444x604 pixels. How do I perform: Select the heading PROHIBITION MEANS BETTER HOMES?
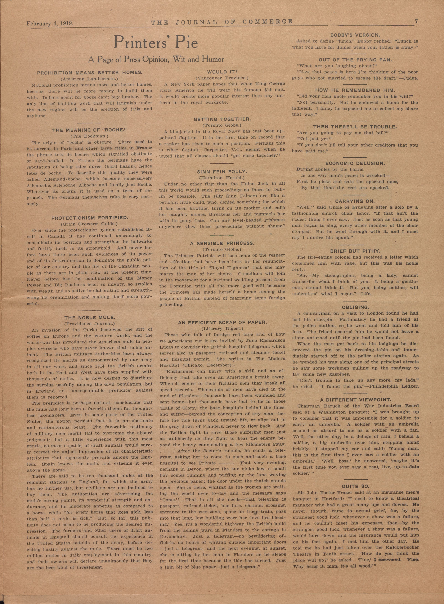[89, 73]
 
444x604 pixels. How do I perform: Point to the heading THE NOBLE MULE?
[89, 318]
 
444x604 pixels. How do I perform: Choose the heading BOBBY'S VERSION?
[355, 35]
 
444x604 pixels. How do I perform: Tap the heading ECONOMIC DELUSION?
[355, 163]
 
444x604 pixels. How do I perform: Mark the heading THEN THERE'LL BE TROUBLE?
[355, 127]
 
